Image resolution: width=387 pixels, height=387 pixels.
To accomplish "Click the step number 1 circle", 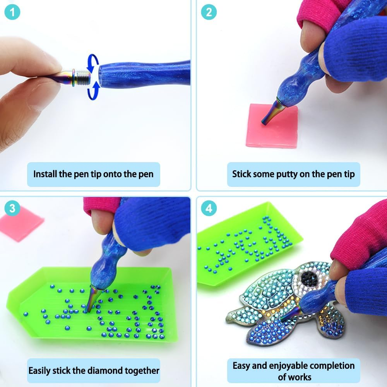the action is click(x=12, y=12).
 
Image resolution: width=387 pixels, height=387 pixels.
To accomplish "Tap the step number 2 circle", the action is click(x=209, y=12).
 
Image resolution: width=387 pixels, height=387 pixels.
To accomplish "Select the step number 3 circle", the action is click(x=12, y=208).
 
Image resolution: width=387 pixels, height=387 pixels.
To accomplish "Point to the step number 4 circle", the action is click(x=209, y=208).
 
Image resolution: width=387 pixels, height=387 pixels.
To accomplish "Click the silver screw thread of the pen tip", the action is click(x=82, y=77).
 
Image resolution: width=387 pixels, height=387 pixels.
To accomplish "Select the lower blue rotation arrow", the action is click(x=94, y=91).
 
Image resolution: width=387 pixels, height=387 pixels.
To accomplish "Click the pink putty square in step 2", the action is click(x=272, y=126).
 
